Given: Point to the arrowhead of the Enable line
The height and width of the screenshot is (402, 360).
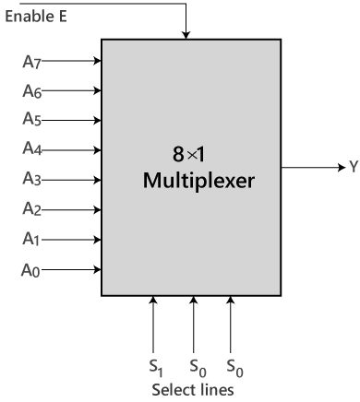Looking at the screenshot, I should point(186,34).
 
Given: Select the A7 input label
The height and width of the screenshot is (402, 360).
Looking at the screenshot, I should point(31,63).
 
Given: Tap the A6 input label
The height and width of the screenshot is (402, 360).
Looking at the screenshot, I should point(31,92).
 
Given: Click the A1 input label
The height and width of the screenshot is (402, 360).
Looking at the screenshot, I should point(31,240).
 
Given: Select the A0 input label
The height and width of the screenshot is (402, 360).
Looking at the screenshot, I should point(31,270).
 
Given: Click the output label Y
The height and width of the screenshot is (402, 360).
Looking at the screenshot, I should point(353,168).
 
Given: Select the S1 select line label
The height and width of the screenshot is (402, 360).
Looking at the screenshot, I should point(155,366).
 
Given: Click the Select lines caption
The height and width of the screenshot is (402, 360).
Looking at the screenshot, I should point(193,389).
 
